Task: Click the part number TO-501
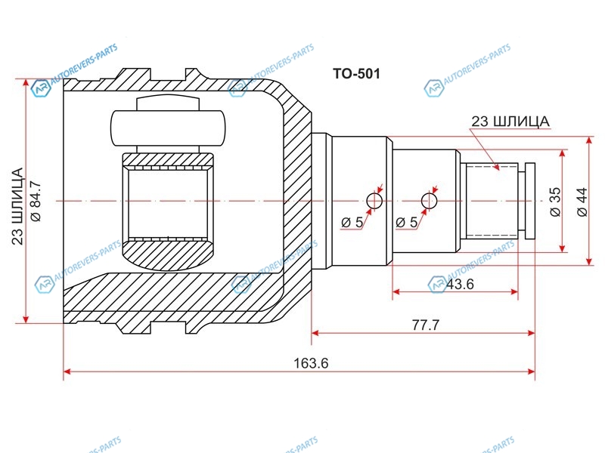point(356,73)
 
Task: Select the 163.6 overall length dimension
point(311,363)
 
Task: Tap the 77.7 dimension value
point(426,325)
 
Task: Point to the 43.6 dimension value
point(460,285)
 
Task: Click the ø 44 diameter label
point(582,202)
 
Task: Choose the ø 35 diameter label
point(556,202)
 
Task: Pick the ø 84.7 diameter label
point(36,201)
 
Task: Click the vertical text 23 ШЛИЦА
point(17,206)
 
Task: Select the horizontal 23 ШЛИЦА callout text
point(510,122)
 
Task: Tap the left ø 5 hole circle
point(374,201)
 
